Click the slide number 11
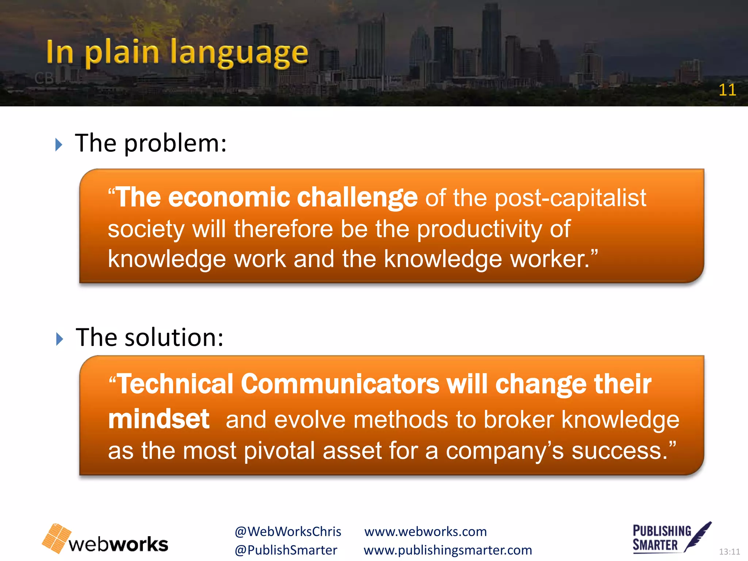coord(727,90)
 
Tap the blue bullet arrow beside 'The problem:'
coord(59,145)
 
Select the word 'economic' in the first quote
coord(229,198)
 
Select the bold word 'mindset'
coord(159,419)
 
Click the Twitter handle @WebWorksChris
coord(288,532)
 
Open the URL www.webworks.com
coord(425,532)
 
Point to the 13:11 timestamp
coord(729,552)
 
